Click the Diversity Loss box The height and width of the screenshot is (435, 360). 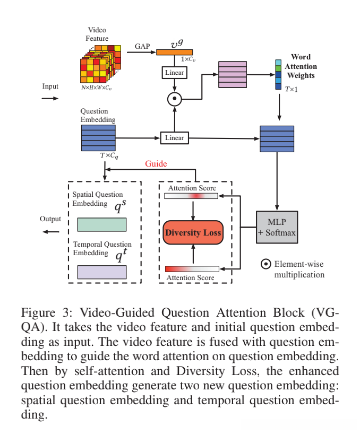pyautogui.click(x=193, y=233)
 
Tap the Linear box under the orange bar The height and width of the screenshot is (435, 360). pyautogui.click(x=174, y=73)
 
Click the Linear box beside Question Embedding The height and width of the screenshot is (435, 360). pyautogui.click(x=174, y=138)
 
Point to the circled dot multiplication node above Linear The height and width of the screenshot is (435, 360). pyautogui.click(x=174, y=99)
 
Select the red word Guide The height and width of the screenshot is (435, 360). pyautogui.click(x=156, y=163)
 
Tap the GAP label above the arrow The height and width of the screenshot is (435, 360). pyautogui.click(x=142, y=47)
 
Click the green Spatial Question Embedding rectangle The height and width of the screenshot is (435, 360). pyautogui.click(x=101, y=224)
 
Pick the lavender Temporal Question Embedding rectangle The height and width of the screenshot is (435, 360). pyautogui.click(x=101, y=272)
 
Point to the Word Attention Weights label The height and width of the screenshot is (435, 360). pyautogui.click(x=301, y=66)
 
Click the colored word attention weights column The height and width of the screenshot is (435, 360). pyautogui.click(x=278, y=75)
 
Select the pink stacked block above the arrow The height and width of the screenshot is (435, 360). pyautogui.click(x=232, y=75)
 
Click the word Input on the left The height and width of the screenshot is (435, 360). pyautogui.click(x=50, y=86)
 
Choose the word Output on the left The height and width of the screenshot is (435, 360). pyautogui.click(x=50, y=219)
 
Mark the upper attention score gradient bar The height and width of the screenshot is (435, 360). pyautogui.click(x=191, y=196)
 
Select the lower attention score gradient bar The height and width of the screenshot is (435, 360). pyautogui.click(x=192, y=269)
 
